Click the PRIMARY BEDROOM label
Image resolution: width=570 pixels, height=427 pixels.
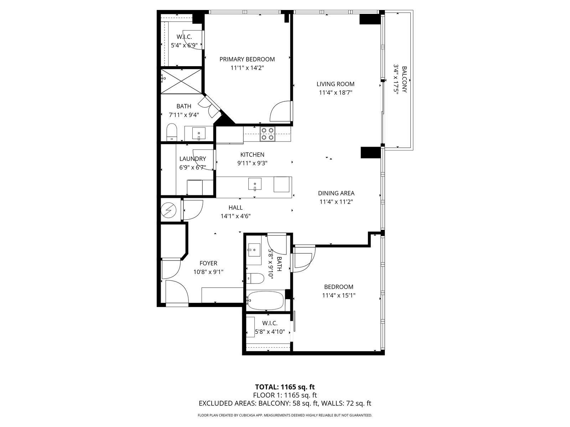coord(247,59)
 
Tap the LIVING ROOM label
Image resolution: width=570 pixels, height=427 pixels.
coord(335,84)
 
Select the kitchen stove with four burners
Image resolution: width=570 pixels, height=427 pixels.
coord(268,133)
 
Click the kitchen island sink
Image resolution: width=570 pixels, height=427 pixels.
coord(255,184)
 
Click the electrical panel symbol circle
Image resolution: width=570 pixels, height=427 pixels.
coord(169,210)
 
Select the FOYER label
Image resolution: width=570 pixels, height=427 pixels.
coord(208,263)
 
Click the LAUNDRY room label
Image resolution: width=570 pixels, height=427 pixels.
coord(192,159)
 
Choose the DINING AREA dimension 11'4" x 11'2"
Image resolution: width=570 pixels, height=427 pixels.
coord(336,202)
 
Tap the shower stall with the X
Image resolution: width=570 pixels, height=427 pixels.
coord(181,81)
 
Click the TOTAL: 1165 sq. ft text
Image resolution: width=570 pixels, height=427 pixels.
coord(285,387)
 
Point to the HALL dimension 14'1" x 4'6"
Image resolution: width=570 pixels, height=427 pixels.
coord(235,216)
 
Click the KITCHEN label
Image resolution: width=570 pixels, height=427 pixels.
coord(252,154)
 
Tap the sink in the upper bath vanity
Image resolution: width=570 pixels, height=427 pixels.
coord(199,133)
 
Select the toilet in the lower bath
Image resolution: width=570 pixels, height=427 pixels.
coord(255,278)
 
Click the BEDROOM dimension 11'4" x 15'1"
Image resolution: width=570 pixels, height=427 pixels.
coord(339,295)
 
